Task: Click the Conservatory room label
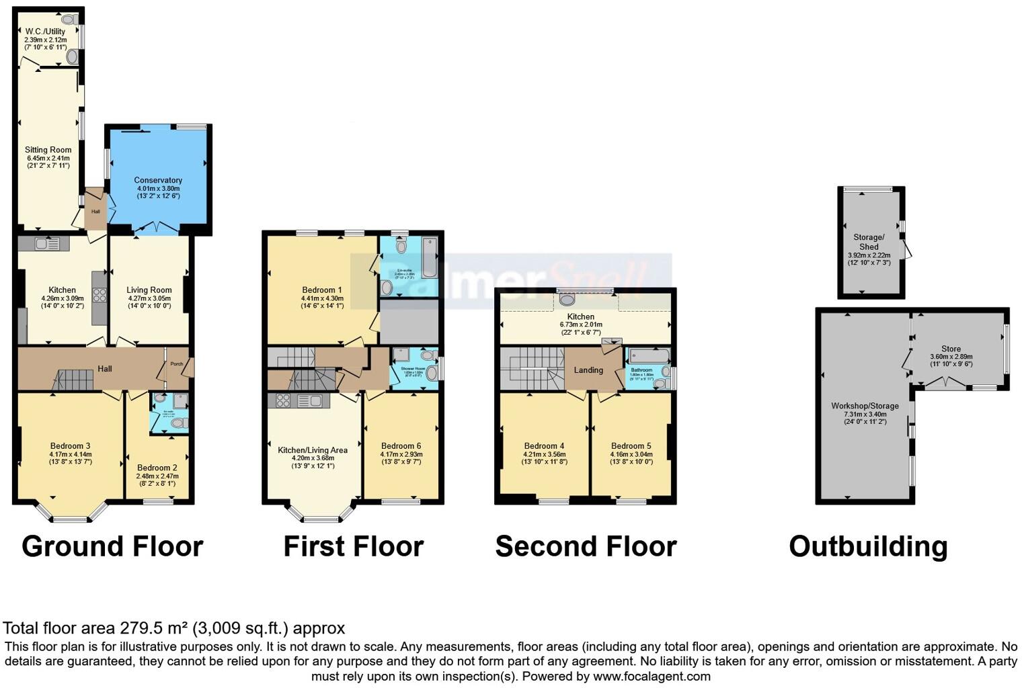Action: (158, 180)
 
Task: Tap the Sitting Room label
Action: (48, 150)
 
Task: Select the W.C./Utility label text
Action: (46, 32)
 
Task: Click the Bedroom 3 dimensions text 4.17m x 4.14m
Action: (71, 454)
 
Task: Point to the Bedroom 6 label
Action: (401, 445)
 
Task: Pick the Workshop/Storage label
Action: (865, 406)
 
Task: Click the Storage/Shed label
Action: (869, 242)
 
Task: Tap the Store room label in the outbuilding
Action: (951, 349)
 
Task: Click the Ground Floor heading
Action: (112, 546)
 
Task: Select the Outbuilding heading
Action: (868, 546)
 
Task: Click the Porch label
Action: (176, 364)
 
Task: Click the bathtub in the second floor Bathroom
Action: (648, 356)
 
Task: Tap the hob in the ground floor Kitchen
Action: (100, 294)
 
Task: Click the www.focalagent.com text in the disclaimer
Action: (652, 676)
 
